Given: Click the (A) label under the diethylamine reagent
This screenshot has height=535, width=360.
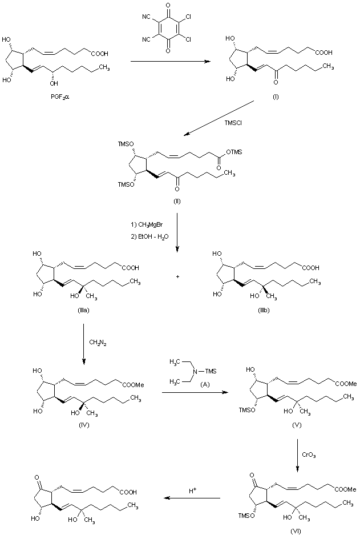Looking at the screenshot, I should pyautogui.click(x=192, y=385).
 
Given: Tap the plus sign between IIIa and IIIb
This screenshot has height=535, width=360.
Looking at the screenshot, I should pyautogui.click(x=178, y=276).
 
